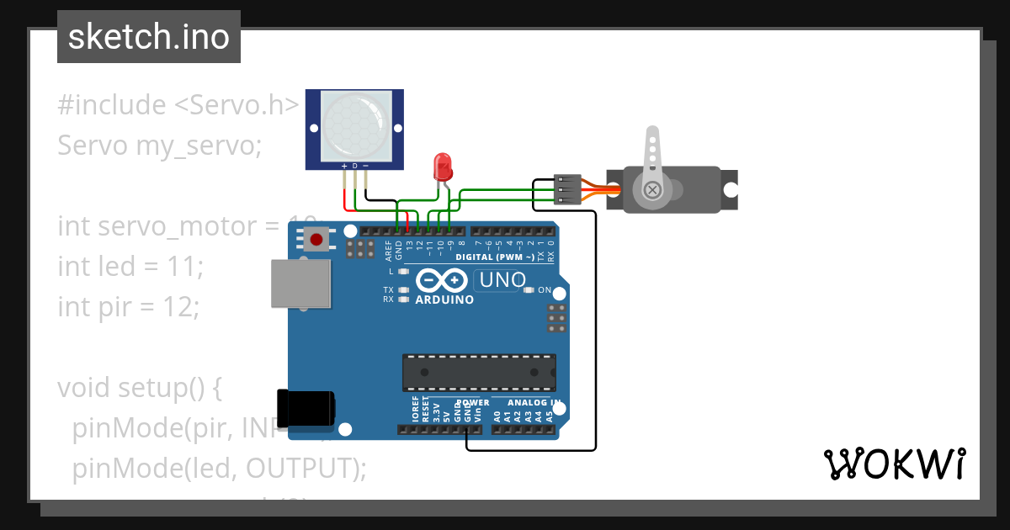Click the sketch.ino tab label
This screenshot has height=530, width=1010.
tap(149, 37)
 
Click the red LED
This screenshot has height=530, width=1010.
tap(442, 167)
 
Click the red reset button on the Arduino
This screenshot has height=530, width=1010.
tap(316, 240)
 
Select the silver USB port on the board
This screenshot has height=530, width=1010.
tap(301, 284)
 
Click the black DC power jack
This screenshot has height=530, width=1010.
tap(306, 410)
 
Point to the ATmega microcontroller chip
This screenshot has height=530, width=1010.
tap(479, 372)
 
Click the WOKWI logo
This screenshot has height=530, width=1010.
tap(894, 464)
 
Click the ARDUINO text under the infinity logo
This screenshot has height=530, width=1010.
tap(444, 299)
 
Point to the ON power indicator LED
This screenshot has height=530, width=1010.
tap(529, 290)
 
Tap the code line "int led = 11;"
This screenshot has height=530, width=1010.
tap(130, 267)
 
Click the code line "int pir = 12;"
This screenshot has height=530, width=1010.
tap(128, 307)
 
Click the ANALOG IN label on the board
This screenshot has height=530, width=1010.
tap(523, 403)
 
